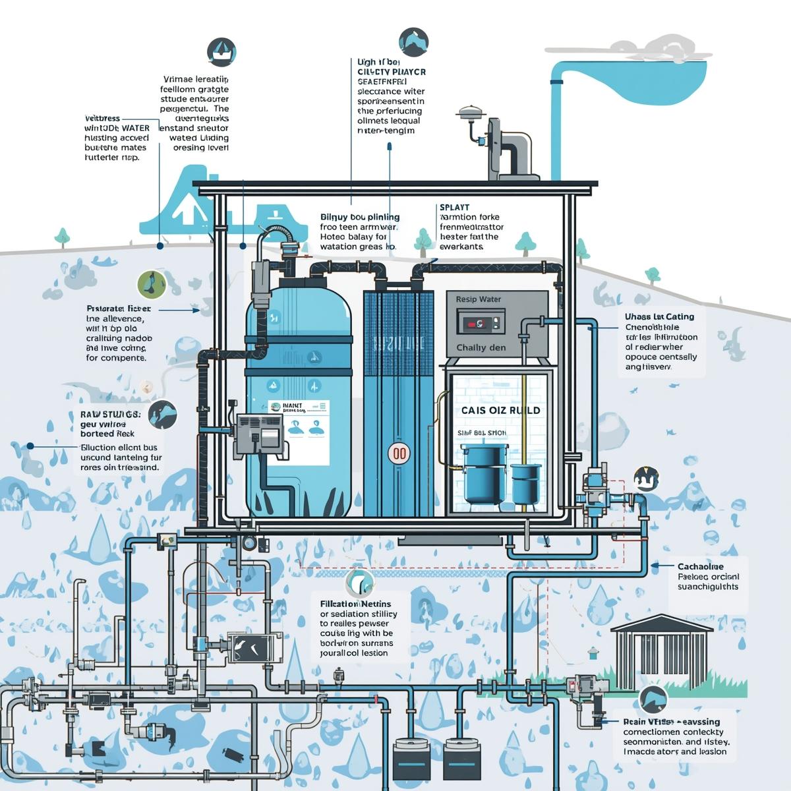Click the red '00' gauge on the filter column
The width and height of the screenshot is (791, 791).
[399, 453]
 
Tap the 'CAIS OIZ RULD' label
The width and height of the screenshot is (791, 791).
[500, 410]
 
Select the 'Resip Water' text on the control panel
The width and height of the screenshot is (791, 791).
[478, 299]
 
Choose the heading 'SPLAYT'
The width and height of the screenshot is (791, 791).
[454, 208]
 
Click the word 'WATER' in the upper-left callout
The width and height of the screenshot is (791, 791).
[134, 128]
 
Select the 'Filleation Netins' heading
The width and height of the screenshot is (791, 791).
[355, 604]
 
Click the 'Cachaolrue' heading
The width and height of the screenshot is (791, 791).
[700, 566]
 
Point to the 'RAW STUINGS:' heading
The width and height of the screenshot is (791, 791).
[105, 414]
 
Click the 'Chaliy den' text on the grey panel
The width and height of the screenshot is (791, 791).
[481, 347]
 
